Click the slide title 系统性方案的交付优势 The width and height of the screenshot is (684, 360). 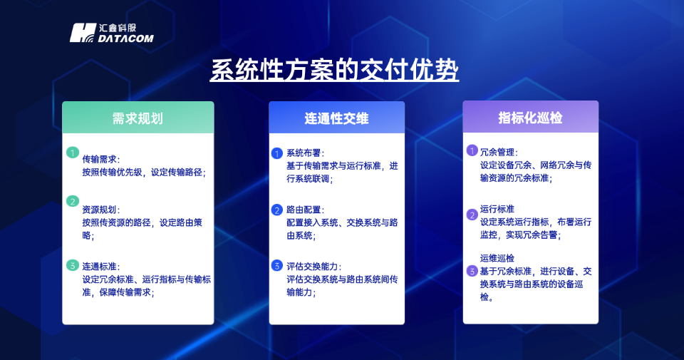[334, 71]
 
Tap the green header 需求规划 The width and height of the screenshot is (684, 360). [138, 118]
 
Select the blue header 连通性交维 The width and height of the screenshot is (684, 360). [336, 118]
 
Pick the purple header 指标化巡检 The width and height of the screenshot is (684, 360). [530, 118]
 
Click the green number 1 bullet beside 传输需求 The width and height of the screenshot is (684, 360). [72, 153]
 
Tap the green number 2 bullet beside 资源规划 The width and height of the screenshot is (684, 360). [72, 201]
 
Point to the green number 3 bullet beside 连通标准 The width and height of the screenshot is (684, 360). [72, 265]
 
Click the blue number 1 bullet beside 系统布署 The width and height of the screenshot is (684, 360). [277, 153]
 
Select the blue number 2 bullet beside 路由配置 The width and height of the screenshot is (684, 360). [277, 210]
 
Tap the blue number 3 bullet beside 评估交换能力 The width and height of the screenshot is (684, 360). [277, 266]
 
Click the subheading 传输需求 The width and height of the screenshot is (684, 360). [101, 159]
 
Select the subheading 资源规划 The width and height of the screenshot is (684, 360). [101, 210]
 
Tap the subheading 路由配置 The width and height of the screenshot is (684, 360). [305, 210]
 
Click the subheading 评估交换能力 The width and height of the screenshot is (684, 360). [313, 267]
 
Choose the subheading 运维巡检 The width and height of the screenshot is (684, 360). [497, 258]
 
